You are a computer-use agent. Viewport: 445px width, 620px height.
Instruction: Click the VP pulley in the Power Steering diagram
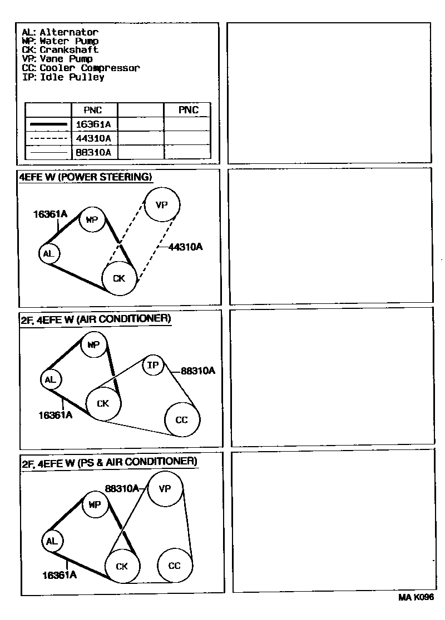(162, 205)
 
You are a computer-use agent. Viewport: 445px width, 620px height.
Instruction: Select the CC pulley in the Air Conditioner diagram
(182, 419)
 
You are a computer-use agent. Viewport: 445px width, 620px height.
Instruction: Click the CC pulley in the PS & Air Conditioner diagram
(175, 566)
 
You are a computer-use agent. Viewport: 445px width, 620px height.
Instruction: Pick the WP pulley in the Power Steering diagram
(92, 220)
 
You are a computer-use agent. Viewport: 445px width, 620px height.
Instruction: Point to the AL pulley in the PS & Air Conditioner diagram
(52, 541)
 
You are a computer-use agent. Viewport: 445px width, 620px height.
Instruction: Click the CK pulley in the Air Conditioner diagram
(103, 404)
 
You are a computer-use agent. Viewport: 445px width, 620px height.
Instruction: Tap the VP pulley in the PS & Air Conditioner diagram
(165, 488)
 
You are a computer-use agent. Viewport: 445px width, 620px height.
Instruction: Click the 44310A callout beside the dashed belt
(185, 247)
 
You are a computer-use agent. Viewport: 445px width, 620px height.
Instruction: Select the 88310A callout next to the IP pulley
(197, 371)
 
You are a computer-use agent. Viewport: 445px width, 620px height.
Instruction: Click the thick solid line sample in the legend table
(48, 124)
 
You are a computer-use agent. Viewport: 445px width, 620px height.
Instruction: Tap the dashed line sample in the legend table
(48, 138)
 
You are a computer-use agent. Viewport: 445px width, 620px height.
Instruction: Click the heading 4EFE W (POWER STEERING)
(86, 177)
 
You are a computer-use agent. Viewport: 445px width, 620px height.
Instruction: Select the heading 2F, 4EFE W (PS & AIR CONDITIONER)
(108, 462)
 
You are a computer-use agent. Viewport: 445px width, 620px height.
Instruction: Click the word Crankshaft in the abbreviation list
(69, 50)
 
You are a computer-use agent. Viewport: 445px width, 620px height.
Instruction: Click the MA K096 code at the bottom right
(416, 597)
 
